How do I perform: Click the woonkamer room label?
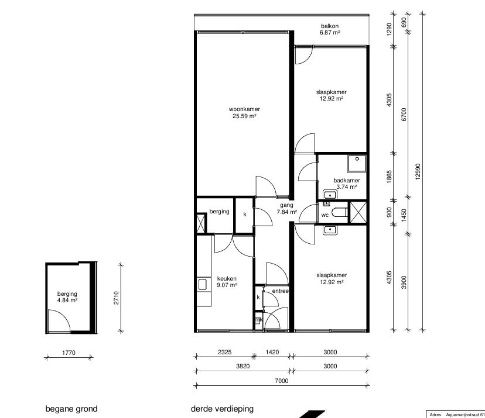tap(244, 109)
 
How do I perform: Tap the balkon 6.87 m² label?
tap(330, 29)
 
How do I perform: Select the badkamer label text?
tap(347, 180)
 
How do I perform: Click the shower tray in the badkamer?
tap(357, 164)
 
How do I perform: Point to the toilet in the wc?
tap(339, 212)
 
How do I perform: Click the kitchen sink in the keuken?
tap(202, 284)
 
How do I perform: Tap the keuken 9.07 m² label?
tap(227, 282)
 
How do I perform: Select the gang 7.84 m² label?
tap(287, 208)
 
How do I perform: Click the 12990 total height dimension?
tap(418, 172)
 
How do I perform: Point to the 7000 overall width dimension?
tap(282, 381)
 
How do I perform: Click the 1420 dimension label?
tap(272, 352)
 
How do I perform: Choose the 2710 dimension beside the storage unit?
tap(116, 298)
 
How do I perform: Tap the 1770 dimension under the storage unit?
tap(69, 353)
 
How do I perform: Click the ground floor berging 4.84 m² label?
tap(67, 297)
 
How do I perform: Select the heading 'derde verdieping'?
tap(222, 409)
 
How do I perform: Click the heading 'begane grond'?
tap(71, 409)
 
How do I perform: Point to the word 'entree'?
tap(280, 291)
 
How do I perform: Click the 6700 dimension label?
tap(404, 114)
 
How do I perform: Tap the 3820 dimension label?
tap(243, 366)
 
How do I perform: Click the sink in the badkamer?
tap(330, 195)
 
